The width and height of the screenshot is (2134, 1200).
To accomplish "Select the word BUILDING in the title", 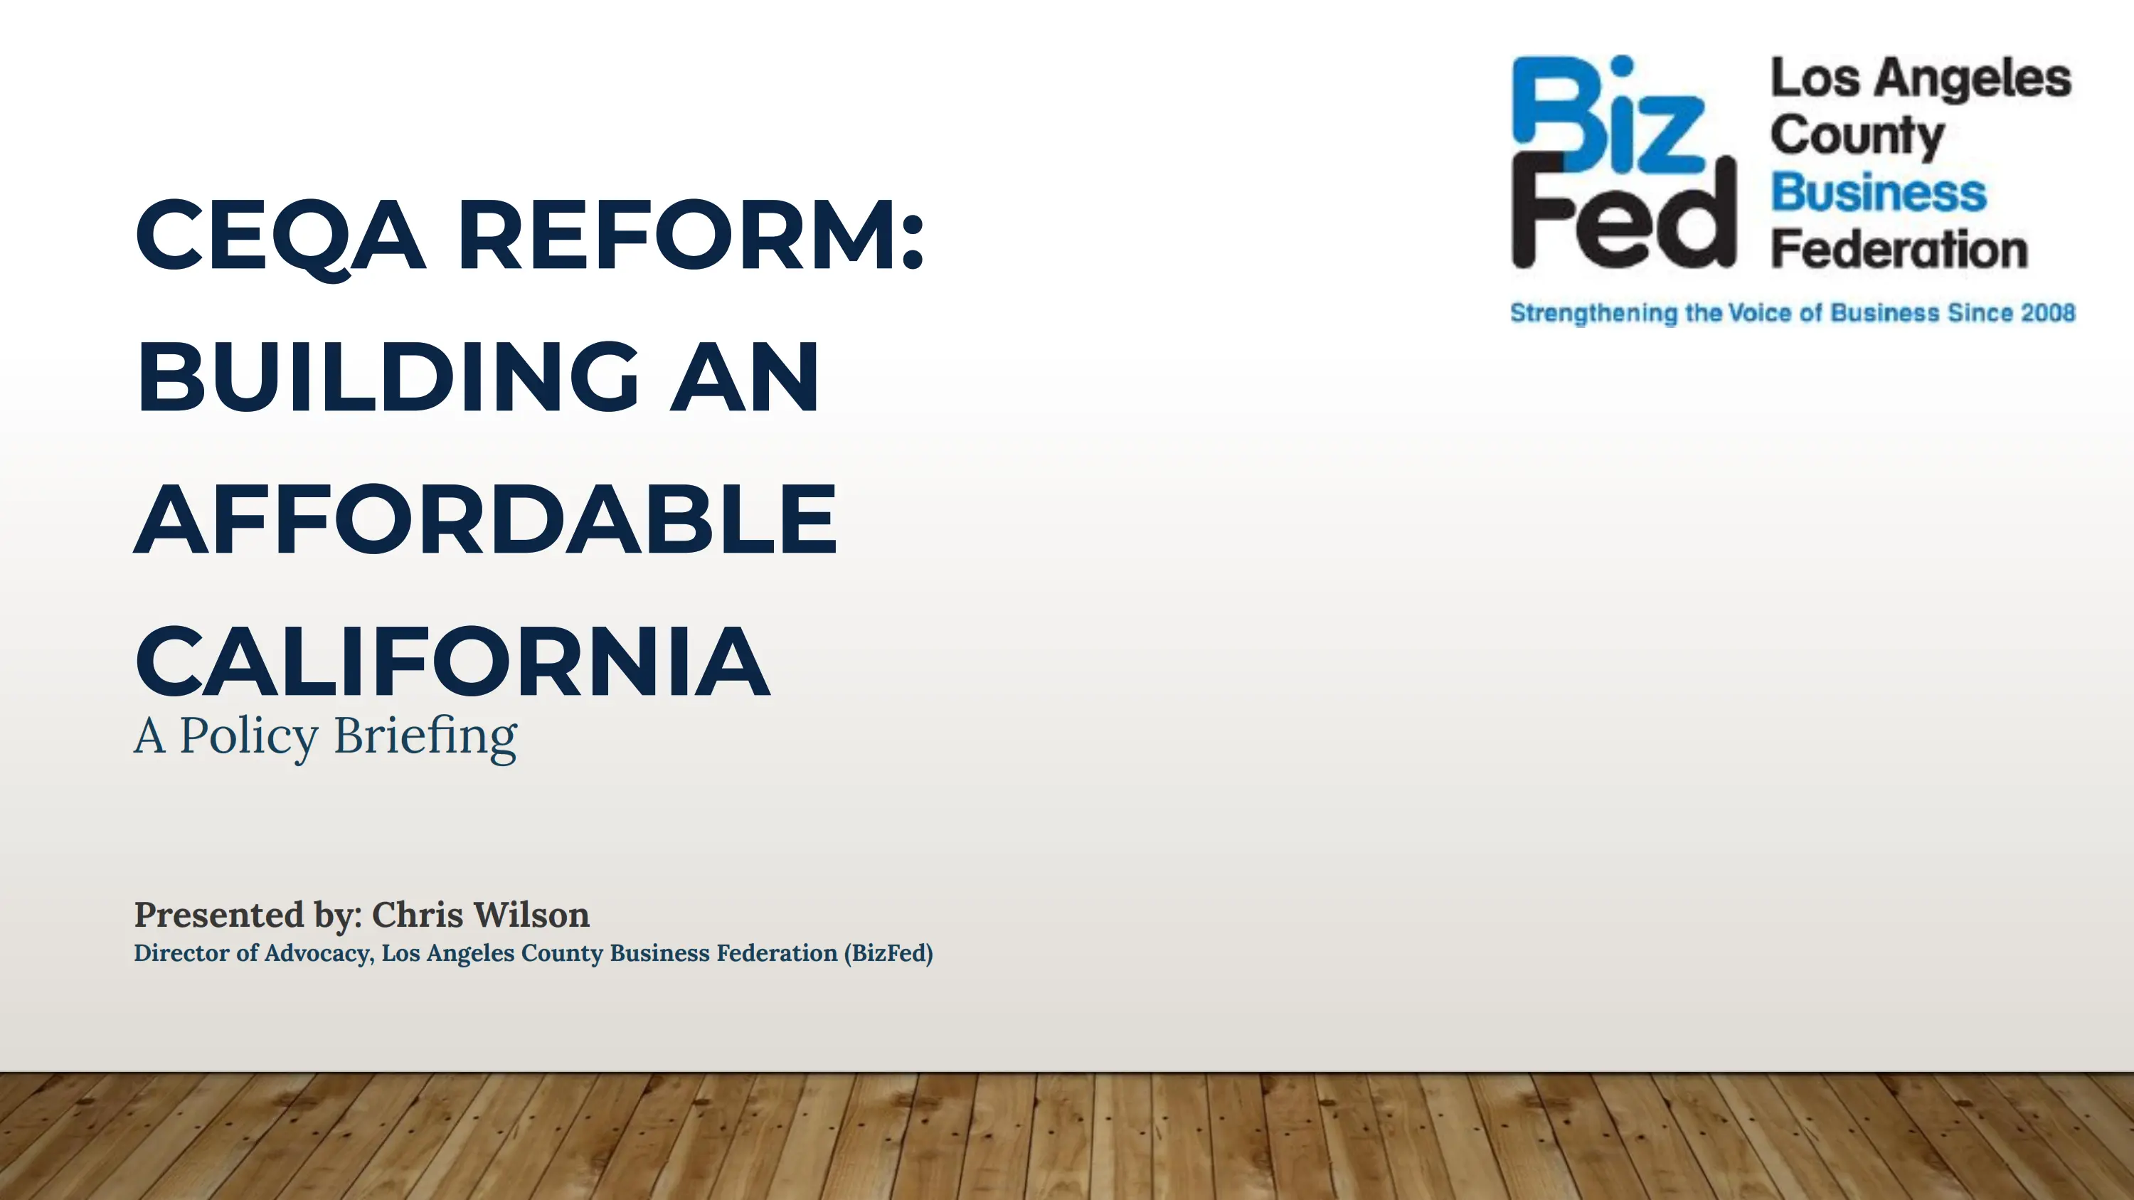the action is click(x=388, y=377).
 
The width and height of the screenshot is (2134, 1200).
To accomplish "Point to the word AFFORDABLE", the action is click(x=487, y=519).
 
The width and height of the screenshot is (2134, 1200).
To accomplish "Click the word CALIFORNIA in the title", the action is click(x=453, y=661).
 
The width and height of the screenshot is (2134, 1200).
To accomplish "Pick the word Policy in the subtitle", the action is click(x=248, y=737).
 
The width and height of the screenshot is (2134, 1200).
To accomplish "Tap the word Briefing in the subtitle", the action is click(x=426, y=737).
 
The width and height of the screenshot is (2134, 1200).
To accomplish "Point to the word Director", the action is click(x=181, y=953).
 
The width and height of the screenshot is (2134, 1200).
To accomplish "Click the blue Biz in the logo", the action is click(x=1608, y=115).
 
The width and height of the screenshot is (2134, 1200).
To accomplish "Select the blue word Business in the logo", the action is click(x=1879, y=193).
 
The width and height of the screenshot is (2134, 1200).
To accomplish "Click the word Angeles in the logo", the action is click(x=1973, y=80).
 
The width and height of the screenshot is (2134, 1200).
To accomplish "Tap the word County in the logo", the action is click(x=1857, y=136).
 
